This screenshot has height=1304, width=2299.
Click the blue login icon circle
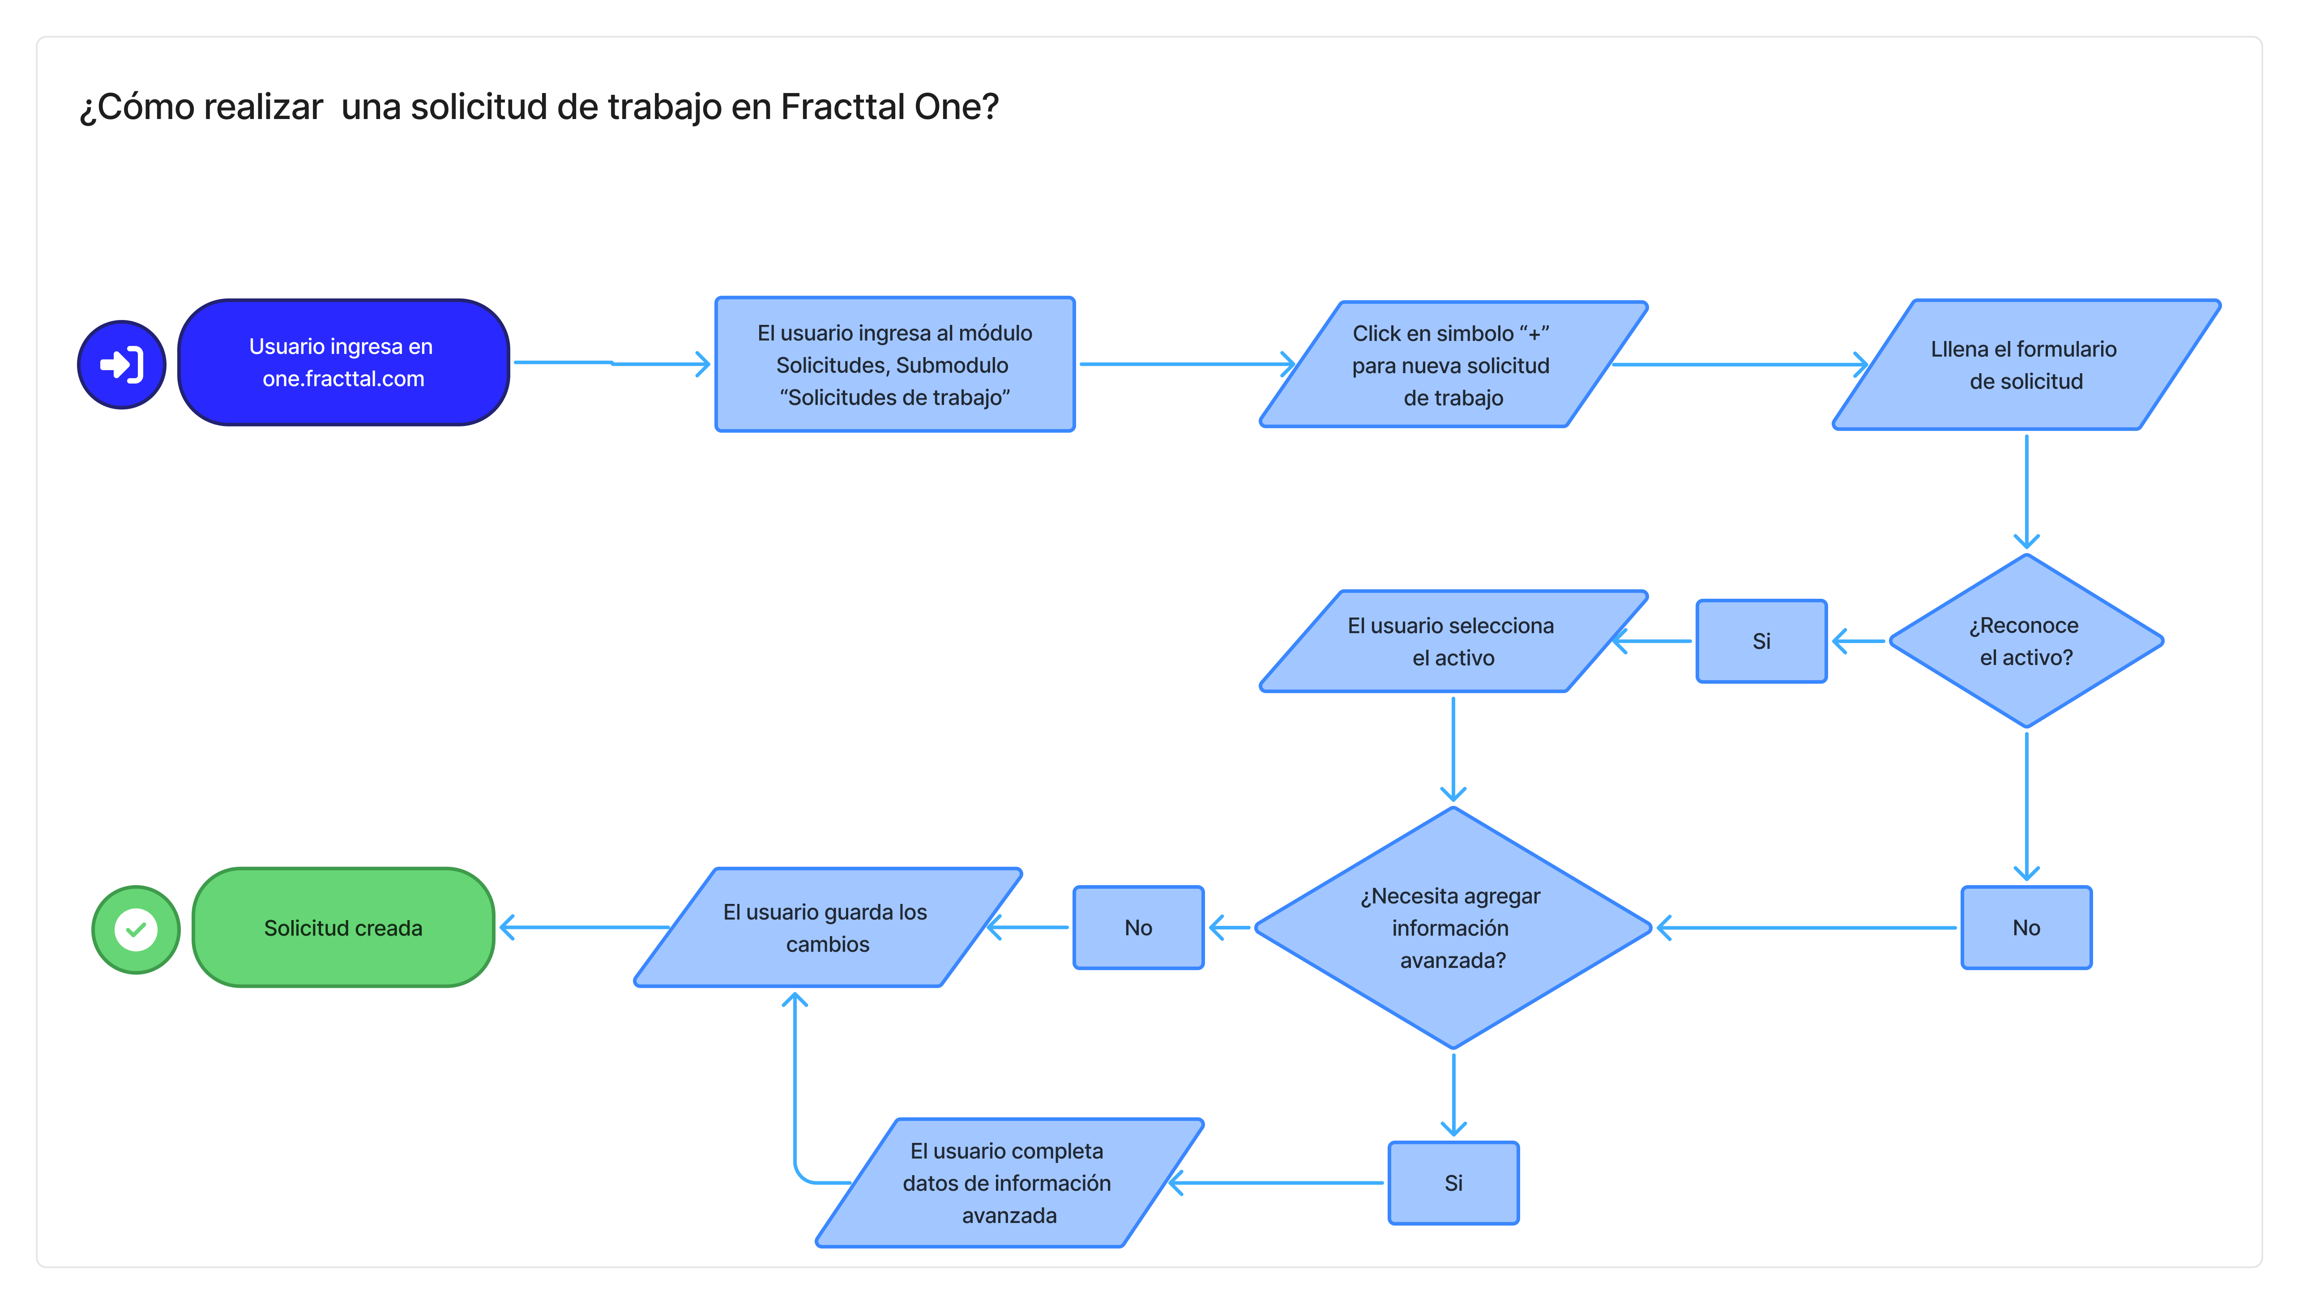(x=122, y=365)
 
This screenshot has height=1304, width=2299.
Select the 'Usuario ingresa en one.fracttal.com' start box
(x=343, y=363)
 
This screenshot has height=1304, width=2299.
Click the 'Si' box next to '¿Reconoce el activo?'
(x=1761, y=641)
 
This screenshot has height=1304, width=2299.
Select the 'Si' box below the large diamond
(x=1453, y=1183)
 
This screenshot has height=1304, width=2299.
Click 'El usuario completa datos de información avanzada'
(x=1008, y=1183)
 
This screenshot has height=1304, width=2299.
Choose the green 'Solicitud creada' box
(x=343, y=928)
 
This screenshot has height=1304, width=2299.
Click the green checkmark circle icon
(x=136, y=929)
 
